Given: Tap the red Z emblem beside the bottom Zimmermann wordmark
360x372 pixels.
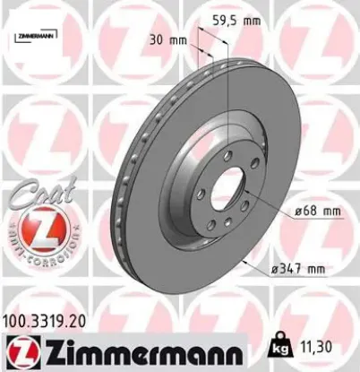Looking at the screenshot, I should point(19,350).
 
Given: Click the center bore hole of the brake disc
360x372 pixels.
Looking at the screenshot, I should point(226,194).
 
